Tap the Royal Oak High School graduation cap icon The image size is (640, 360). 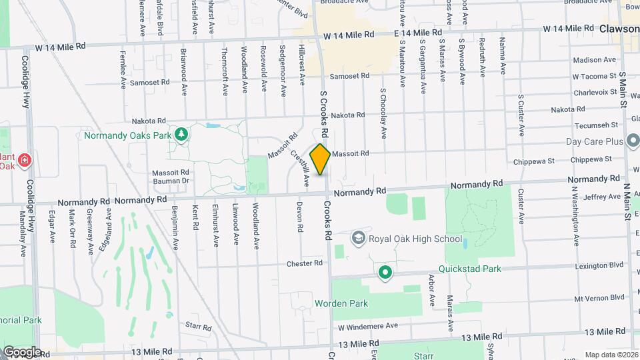pos(359,239)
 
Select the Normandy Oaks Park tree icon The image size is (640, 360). pos(181,135)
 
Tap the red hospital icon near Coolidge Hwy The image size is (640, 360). pos(25,160)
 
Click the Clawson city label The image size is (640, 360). pos(619,29)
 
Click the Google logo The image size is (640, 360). pos(22,352)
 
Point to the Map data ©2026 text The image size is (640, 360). pos(611,355)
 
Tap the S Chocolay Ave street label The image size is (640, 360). pos(383,113)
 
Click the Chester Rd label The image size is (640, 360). pos(305,263)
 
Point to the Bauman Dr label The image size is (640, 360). pos(171,181)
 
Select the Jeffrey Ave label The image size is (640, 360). pos(601,197)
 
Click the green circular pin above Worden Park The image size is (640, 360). pos(385,272)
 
